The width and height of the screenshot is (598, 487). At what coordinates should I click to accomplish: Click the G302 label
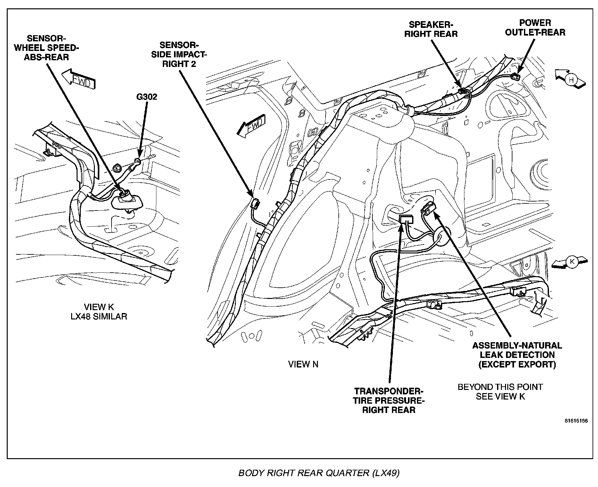(x=147, y=97)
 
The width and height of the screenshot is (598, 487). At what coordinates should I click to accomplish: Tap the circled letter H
(x=571, y=79)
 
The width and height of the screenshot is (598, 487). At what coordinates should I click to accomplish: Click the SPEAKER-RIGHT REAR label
(x=431, y=29)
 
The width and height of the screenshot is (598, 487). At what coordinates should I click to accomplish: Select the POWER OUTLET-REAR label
(x=535, y=28)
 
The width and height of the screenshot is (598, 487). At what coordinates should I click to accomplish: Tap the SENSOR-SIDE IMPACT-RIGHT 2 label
(x=179, y=54)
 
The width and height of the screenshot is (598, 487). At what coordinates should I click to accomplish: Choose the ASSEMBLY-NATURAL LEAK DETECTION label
(x=517, y=355)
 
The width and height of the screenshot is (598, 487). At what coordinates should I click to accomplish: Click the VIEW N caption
(x=303, y=364)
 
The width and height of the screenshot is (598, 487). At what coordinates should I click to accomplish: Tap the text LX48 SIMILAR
(x=99, y=317)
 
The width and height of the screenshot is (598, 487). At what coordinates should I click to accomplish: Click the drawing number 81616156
(x=576, y=421)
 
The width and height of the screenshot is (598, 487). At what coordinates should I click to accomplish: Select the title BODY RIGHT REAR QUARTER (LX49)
(x=319, y=473)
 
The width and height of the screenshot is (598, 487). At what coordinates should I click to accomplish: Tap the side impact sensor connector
(x=255, y=203)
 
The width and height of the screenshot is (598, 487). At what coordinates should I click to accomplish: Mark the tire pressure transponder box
(x=406, y=219)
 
